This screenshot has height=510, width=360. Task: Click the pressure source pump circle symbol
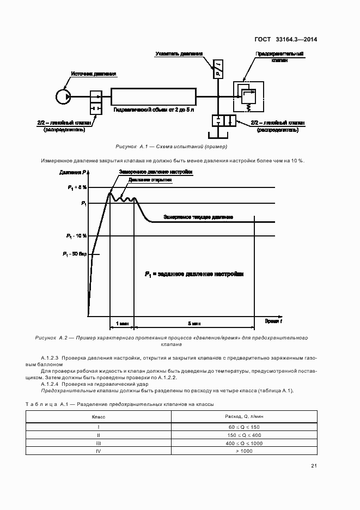(x=63, y=96)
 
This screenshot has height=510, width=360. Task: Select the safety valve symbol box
(x=248, y=96)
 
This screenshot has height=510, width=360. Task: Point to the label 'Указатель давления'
(x=179, y=54)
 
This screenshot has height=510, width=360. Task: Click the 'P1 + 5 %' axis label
(x=77, y=187)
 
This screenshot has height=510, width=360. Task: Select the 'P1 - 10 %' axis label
(x=77, y=236)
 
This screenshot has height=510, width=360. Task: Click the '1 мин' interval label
(x=122, y=323)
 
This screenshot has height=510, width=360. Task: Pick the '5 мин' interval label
(x=194, y=323)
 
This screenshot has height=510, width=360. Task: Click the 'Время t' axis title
(x=273, y=322)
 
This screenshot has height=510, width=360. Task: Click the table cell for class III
(x=99, y=443)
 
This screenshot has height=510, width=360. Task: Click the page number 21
(x=314, y=465)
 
